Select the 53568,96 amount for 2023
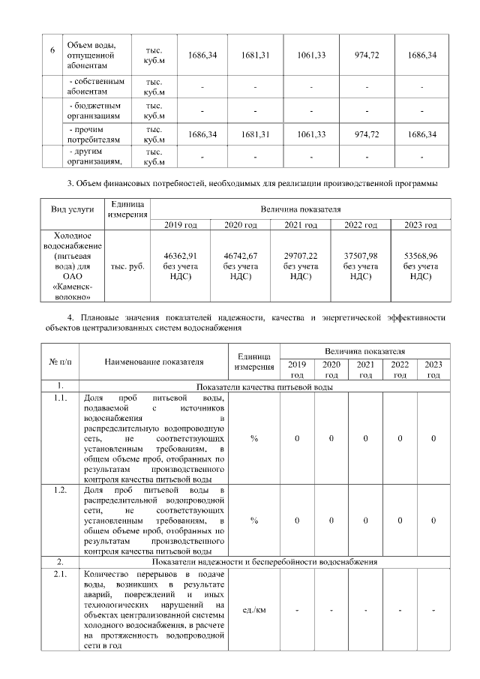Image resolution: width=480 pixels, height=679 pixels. [x=420, y=256]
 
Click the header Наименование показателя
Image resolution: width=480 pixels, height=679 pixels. [x=154, y=361]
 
